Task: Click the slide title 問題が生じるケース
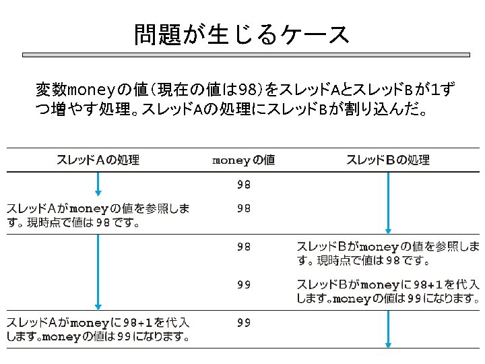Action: point(242,34)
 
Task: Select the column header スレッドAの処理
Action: point(98,160)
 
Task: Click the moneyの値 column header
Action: point(243,160)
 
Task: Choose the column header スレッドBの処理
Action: point(388,160)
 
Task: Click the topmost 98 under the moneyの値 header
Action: point(243,184)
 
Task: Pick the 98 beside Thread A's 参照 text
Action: point(243,209)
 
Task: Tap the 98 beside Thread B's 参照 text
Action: point(243,247)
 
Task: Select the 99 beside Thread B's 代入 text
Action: point(243,284)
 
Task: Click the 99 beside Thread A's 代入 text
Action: point(243,323)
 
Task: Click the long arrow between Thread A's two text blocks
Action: point(98,270)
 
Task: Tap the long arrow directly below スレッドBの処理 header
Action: point(388,202)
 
